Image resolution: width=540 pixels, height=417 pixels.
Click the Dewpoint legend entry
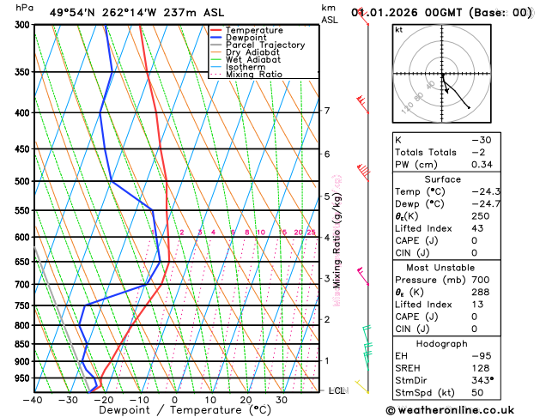point(247,38)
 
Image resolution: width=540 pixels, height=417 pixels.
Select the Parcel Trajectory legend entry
point(264,45)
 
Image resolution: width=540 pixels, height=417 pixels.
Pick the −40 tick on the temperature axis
point(33,400)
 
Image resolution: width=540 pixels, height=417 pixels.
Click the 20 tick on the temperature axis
point(246,400)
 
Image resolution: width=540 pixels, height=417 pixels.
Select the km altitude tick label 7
point(326,111)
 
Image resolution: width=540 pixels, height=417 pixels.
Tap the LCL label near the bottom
point(337,390)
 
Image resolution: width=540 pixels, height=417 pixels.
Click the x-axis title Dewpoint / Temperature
point(174,411)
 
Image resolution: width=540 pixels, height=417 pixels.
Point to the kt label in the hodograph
point(398,30)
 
